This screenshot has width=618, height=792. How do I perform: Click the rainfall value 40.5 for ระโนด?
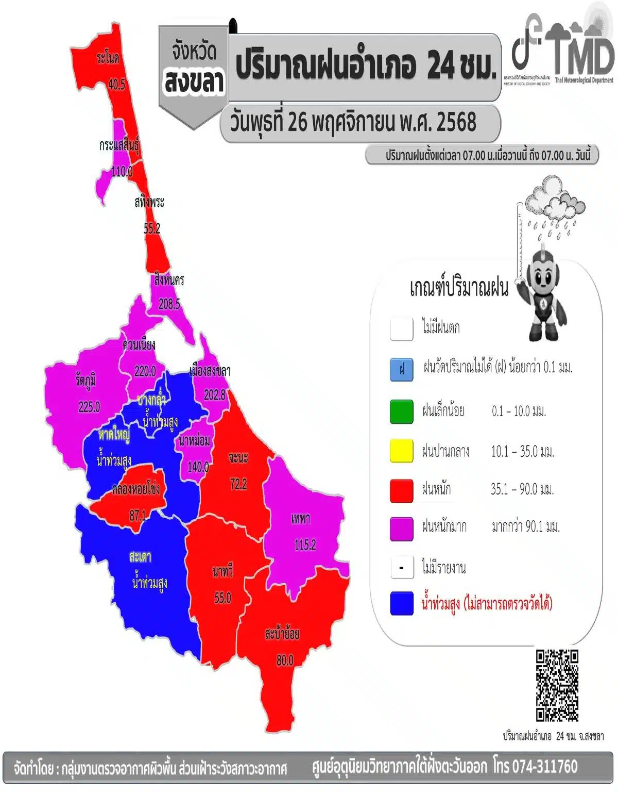[117, 84]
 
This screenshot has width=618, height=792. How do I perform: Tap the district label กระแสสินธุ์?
[119, 146]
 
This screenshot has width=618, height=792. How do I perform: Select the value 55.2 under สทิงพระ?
[152, 228]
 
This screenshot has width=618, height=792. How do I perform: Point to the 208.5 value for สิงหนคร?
[169, 304]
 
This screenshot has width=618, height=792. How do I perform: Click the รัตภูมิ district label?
[85, 381]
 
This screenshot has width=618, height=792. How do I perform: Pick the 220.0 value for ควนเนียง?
[145, 371]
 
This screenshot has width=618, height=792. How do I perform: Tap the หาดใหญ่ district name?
[114, 435]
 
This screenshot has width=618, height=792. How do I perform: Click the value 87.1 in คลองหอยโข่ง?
[138, 515]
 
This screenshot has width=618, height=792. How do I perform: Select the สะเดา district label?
[140, 557]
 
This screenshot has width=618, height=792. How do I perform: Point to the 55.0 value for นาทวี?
[222, 598]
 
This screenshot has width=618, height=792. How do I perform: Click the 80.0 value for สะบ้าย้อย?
[285, 660]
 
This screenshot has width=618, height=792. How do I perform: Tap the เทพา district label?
[300, 519]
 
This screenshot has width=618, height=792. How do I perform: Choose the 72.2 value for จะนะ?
[238, 484]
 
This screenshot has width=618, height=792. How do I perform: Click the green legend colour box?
[402, 411]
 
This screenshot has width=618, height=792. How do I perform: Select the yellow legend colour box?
[402, 451]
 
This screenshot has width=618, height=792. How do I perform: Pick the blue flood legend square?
[402, 603]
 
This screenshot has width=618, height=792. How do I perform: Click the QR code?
[557, 685]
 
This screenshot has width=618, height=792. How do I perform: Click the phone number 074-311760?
[545, 766]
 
